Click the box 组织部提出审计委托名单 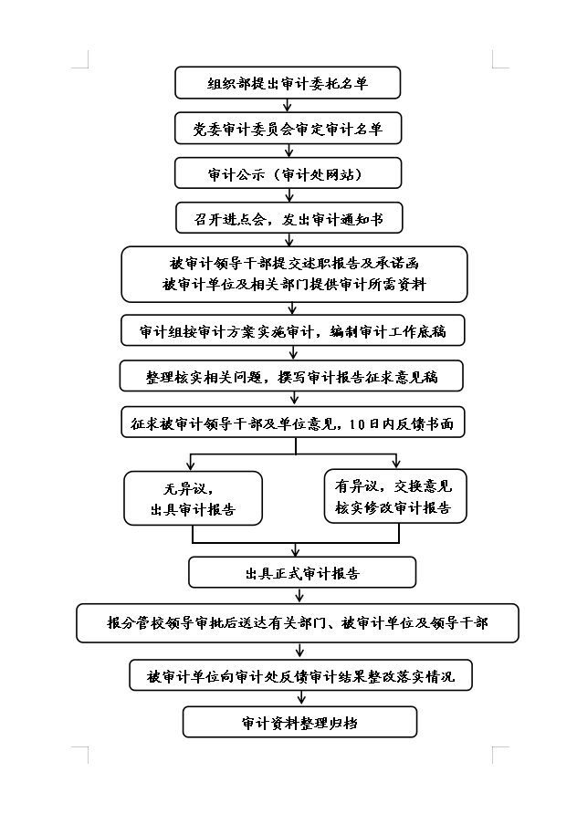pyautogui.click(x=288, y=82)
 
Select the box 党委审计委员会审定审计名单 pyautogui.click(x=288, y=129)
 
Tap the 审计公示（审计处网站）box pyautogui.click(x=288, y=173)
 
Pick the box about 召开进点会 pyautogui.click(x=288, y=218)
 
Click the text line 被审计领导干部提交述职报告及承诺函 pyautogui.click(x=294, y=263)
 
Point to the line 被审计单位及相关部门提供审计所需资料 pyautogui.click(x=294, y=285)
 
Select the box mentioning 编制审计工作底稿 pyautogui.click(x=293, y=330)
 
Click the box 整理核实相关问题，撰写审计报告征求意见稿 pyautogui.click(x=291, y=376)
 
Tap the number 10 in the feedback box pyautogui.click(x=358, y=424)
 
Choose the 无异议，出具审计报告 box pyautogui.click(x=193, y=498)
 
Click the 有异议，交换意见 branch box pyautogui.click(x=395, y=496)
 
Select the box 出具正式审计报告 pyautogui.click(x=302, y=572)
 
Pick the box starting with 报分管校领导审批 pyautogui.click(x=298, y=623)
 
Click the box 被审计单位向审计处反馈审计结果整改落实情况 pyautogui.click(x=300, y=675)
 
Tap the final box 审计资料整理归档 pyautogui.click(x=299, y=722)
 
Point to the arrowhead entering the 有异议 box pyautogui.click(x=396, y=463)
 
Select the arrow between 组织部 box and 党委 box pyautogui.click(x=288, y=105)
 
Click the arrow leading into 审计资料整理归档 pyautogui.click(x=300, y=699)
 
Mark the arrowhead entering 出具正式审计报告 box pyautogui.click(x=296, y=552)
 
